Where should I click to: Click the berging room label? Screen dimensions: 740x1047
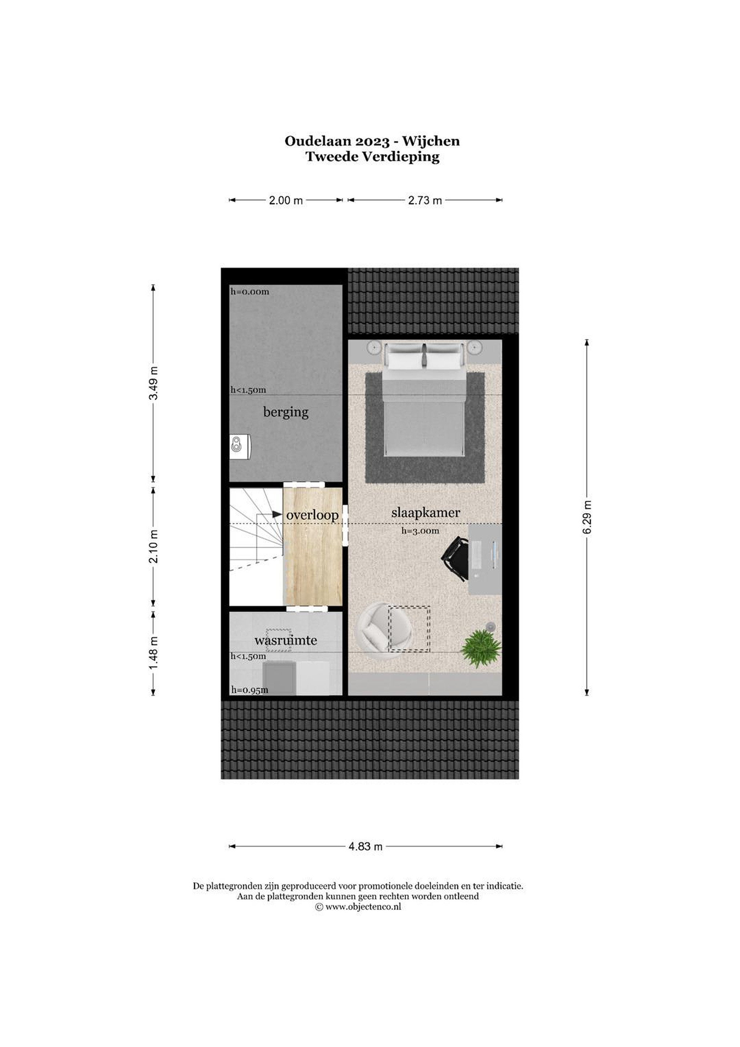(286, 412)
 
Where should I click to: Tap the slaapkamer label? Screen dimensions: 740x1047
(425, 513)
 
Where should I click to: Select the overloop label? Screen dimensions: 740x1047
(312, 515)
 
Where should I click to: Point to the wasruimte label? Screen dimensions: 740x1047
(285, 640)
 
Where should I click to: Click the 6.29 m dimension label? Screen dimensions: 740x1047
(587, 517)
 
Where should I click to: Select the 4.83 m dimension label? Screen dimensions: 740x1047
(366, 847)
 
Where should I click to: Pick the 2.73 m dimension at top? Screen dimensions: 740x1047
(425, 201)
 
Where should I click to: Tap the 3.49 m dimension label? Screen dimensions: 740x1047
(154, 383)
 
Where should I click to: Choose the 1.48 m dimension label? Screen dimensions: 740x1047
(154, 653)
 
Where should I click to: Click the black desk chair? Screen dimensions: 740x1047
(455, 559)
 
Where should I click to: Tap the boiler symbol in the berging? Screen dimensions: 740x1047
(240, 446)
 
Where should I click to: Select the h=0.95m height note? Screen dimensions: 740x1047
(249, 690)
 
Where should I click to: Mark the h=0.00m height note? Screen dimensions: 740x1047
(249, 292)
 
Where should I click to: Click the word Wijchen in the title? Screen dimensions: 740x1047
(431, 141)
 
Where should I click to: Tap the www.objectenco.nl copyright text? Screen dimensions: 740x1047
(358, 907)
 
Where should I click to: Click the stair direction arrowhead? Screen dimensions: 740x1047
(277, 514)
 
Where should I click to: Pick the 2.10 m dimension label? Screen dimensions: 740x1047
(154, 546)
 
